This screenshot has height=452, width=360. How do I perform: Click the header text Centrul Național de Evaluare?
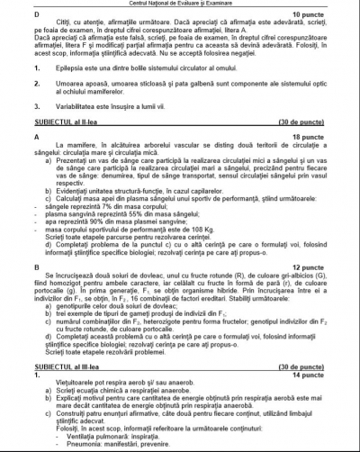tap(180, 5)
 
